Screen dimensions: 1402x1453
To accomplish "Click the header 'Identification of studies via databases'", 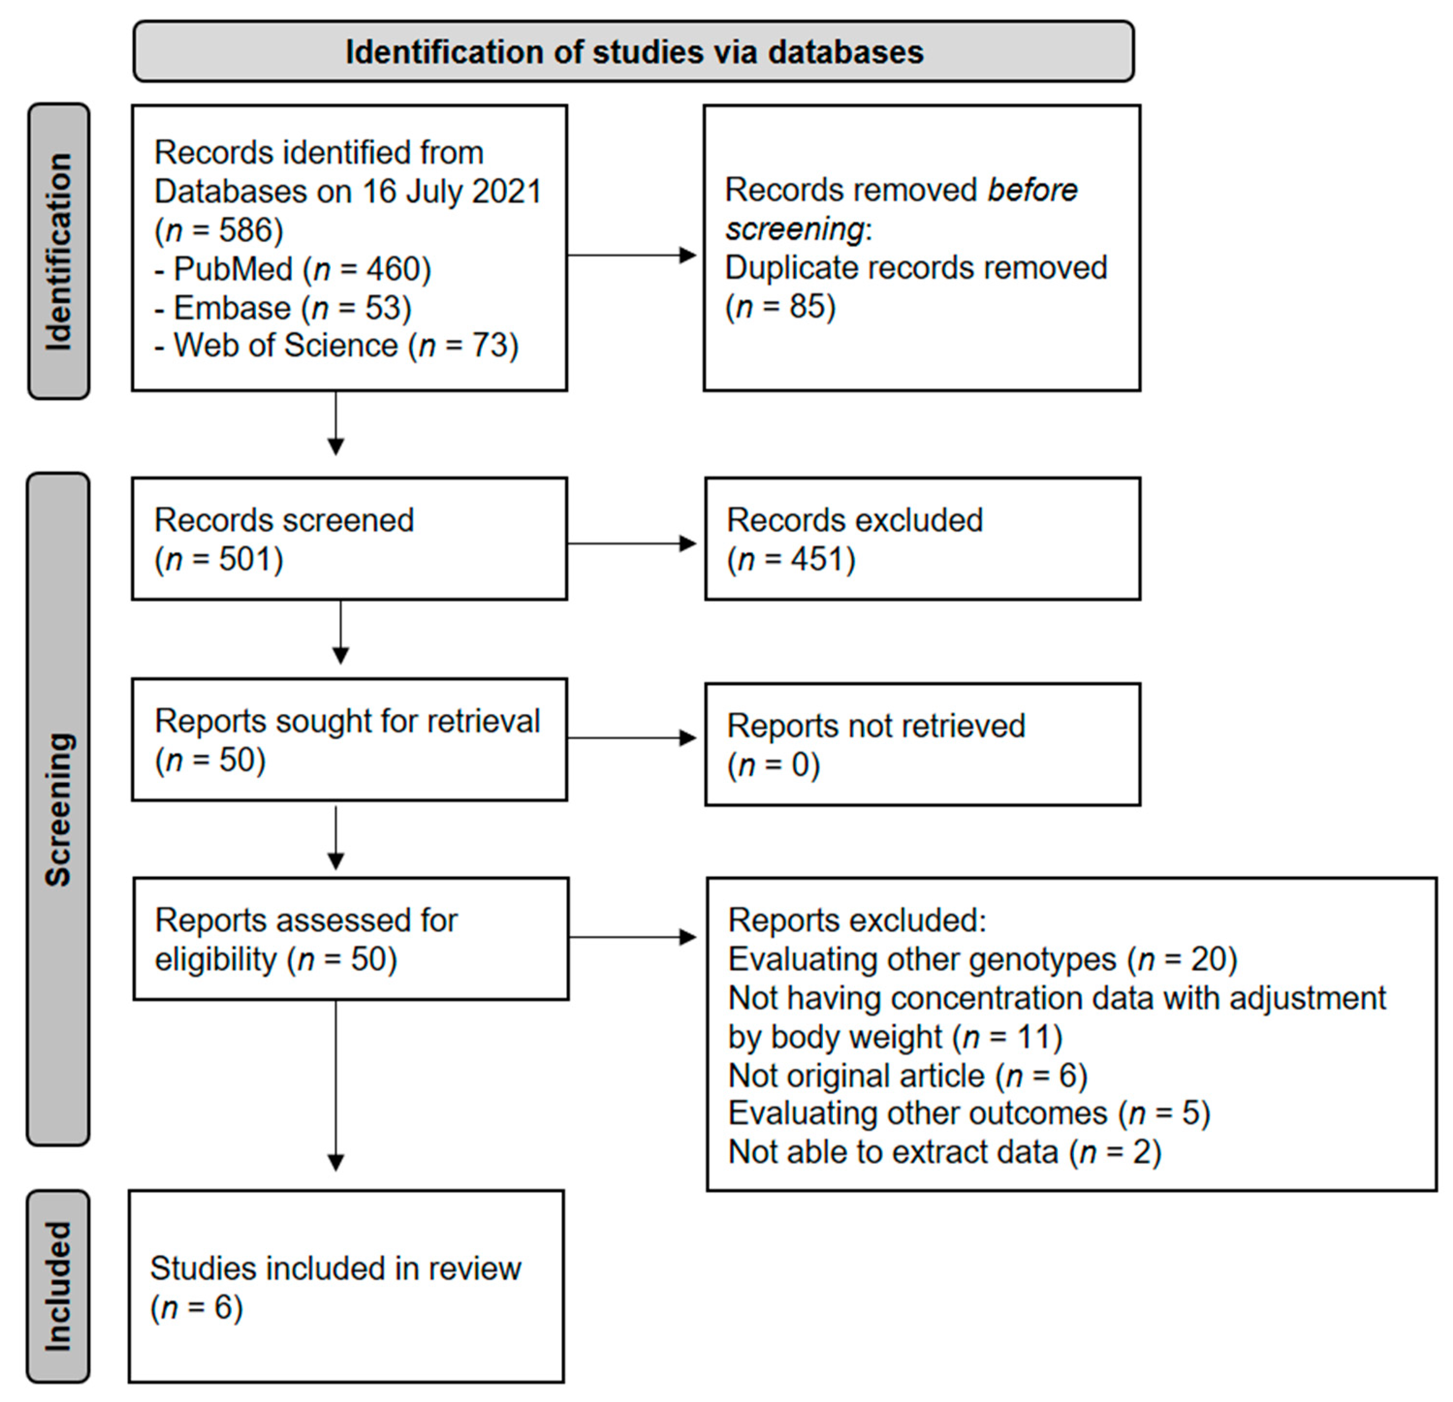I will (x=634, y=52).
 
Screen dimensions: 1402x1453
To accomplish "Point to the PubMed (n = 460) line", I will (x=293, y=269).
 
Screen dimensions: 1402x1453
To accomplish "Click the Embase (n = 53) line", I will (x=283, y=308).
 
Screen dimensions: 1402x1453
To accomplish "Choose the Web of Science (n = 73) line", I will (x=336, y=346).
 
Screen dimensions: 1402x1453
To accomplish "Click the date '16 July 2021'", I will (x=452, y=192).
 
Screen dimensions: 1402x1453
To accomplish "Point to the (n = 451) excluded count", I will (x=791, y=559).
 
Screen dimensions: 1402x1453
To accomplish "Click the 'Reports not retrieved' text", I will (x=875, y=726).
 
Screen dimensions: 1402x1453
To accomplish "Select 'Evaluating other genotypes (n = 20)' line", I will (x=982, y=960).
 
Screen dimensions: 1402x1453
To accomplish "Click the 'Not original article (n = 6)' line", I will (x=907, y=1075).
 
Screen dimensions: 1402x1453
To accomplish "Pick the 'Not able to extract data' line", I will (x=945, y=1152).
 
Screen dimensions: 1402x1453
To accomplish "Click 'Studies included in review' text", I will (x=336, y=1269).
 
